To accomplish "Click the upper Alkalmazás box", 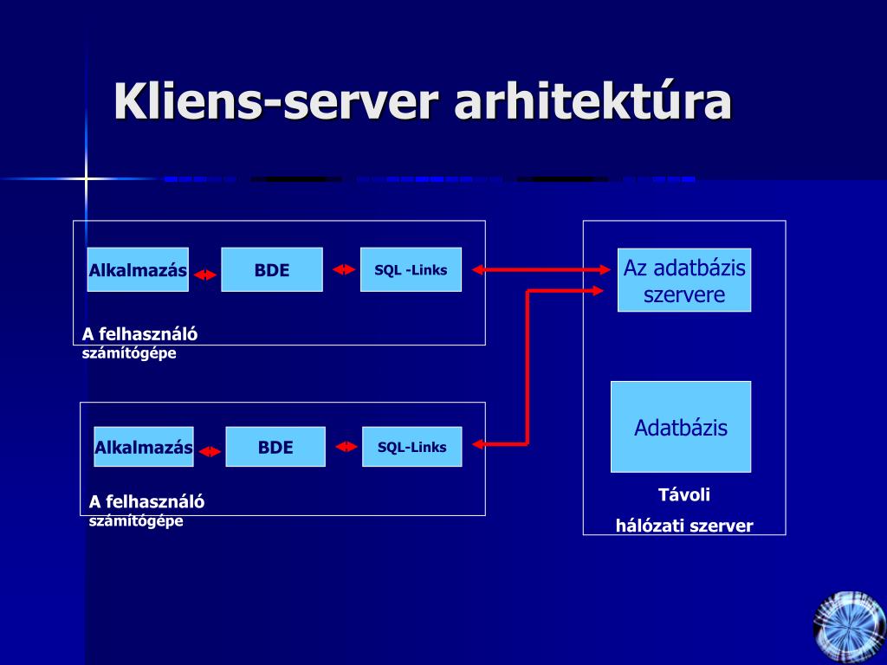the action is (138, 270).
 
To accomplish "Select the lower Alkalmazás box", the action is (144, 447).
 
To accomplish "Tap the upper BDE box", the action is (272, 270).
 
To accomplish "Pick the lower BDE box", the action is (275, 447).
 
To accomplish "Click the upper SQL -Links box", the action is (411, 270).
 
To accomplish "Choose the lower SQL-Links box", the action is (411, 447).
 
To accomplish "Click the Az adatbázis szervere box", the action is (684, 280).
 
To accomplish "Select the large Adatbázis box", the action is (681, 427).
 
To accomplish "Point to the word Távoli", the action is (684, 494).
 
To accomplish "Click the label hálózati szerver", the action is (684, 526).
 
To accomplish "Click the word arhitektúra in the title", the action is (592, 101).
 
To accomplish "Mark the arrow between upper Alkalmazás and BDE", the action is (204, 275).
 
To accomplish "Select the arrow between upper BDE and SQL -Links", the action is (344, 270).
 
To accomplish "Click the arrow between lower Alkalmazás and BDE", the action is (210, 452).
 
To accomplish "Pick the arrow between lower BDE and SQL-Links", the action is (346, 447).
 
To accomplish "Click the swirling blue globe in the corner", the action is (850, 628).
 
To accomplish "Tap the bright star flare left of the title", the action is (86, 179).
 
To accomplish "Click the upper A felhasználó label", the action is (139, 334).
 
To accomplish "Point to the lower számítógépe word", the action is (136, 520).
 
